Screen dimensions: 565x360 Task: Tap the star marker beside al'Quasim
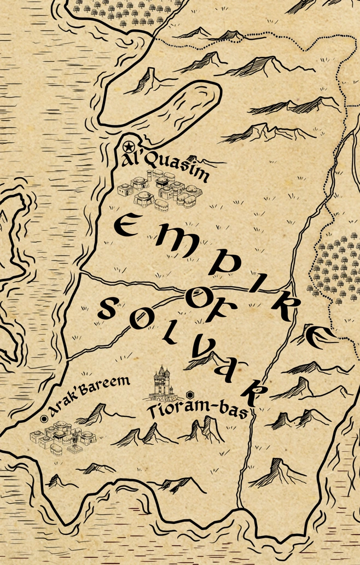pos(127,147)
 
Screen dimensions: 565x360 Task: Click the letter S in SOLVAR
pos(107,312)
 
